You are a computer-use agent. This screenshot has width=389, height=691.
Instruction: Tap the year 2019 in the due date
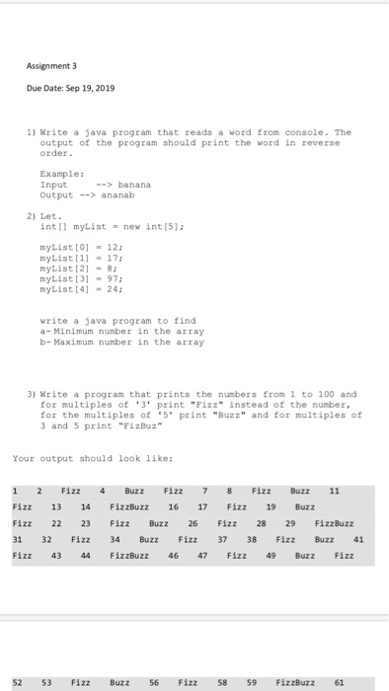[x=106, y=88]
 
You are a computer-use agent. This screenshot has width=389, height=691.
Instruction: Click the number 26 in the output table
[x=193, y=523]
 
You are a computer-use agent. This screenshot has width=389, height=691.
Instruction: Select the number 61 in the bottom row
[x=340, y=681]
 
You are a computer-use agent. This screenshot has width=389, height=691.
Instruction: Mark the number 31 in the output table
[x=19, y=540]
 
